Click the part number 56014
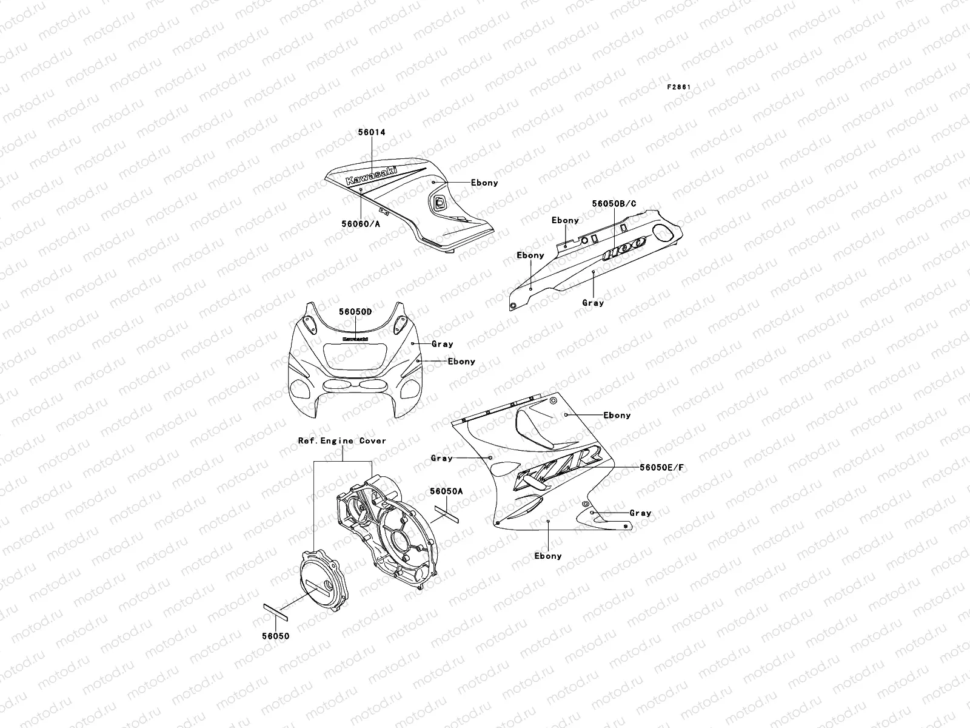[x=372, y=132]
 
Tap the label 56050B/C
[x=614, y=204]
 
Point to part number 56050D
[x=355, y=311]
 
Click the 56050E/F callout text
[x=661, y=468]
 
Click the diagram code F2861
[x=679, y=87]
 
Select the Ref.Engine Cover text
[x=342, y=441]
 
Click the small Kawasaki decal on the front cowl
[x=356, y=339]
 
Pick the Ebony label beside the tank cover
[x=484, y=183]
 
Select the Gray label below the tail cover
[x=593, y=302]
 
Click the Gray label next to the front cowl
[x=442, y=344]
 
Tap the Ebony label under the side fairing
[x=547, y=556]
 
